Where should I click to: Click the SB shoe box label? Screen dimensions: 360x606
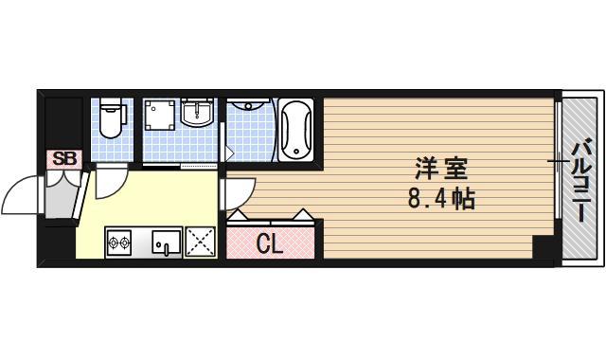(63, 159)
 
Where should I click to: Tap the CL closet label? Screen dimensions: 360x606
(270, 243)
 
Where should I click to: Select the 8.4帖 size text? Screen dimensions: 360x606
(437, 199)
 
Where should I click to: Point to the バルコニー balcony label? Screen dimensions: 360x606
(581, 179)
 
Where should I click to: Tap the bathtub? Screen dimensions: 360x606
(296, 128)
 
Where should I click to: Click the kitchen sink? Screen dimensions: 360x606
(165, 244)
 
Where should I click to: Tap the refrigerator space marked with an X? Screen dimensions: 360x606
(201, 243)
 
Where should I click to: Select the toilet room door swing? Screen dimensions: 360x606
(110, 180)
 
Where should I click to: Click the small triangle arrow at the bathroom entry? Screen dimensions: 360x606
(227, 151)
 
